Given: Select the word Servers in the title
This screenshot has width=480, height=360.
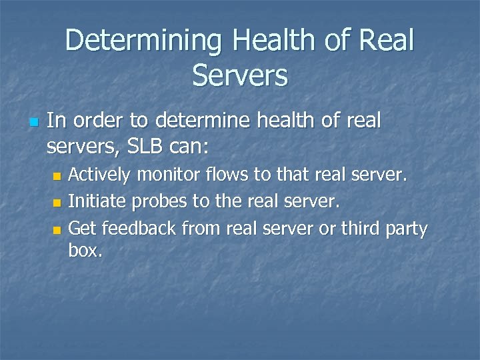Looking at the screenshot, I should click(240, 75).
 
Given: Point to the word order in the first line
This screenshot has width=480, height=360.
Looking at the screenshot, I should click(101, 121).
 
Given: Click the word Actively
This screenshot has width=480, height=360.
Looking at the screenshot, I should click(101, 175).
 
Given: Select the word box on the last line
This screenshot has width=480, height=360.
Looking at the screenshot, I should click(85, 251).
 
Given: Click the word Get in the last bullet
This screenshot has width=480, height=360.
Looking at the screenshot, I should click(83, 229).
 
